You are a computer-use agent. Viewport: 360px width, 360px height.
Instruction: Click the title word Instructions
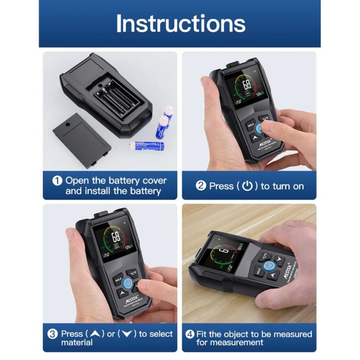[x=180, y=23]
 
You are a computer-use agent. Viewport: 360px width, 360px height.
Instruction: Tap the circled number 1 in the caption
[x=57, y=181]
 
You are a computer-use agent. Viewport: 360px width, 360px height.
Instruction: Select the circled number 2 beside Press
[x=201, y=186]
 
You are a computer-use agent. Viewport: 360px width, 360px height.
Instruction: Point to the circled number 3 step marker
[x=53, y=334]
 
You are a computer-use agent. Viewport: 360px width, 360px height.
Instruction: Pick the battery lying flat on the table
[x=147, y=145]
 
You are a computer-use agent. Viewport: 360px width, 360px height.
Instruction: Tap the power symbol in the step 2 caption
[x=247, y=186]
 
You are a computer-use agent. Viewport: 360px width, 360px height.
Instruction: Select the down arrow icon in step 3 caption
[x=126, y=334]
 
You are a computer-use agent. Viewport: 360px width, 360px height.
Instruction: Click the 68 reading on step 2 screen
[x=247, y=85]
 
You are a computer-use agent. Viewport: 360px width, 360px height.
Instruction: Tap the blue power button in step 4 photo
[x=268, y=265]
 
